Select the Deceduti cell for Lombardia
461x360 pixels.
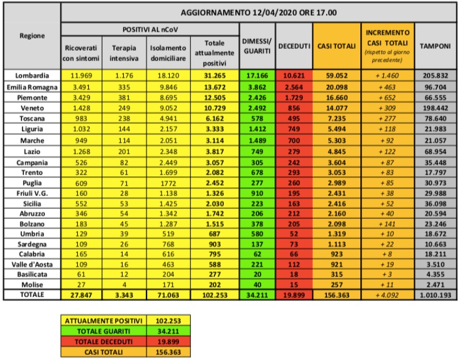[294, 75]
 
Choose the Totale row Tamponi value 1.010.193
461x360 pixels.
[437, 295]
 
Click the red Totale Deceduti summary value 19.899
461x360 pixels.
[167, 340]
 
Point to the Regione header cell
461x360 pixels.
[33, 36]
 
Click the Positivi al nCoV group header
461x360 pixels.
[149, 28]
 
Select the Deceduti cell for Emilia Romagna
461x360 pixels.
[294, 85]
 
